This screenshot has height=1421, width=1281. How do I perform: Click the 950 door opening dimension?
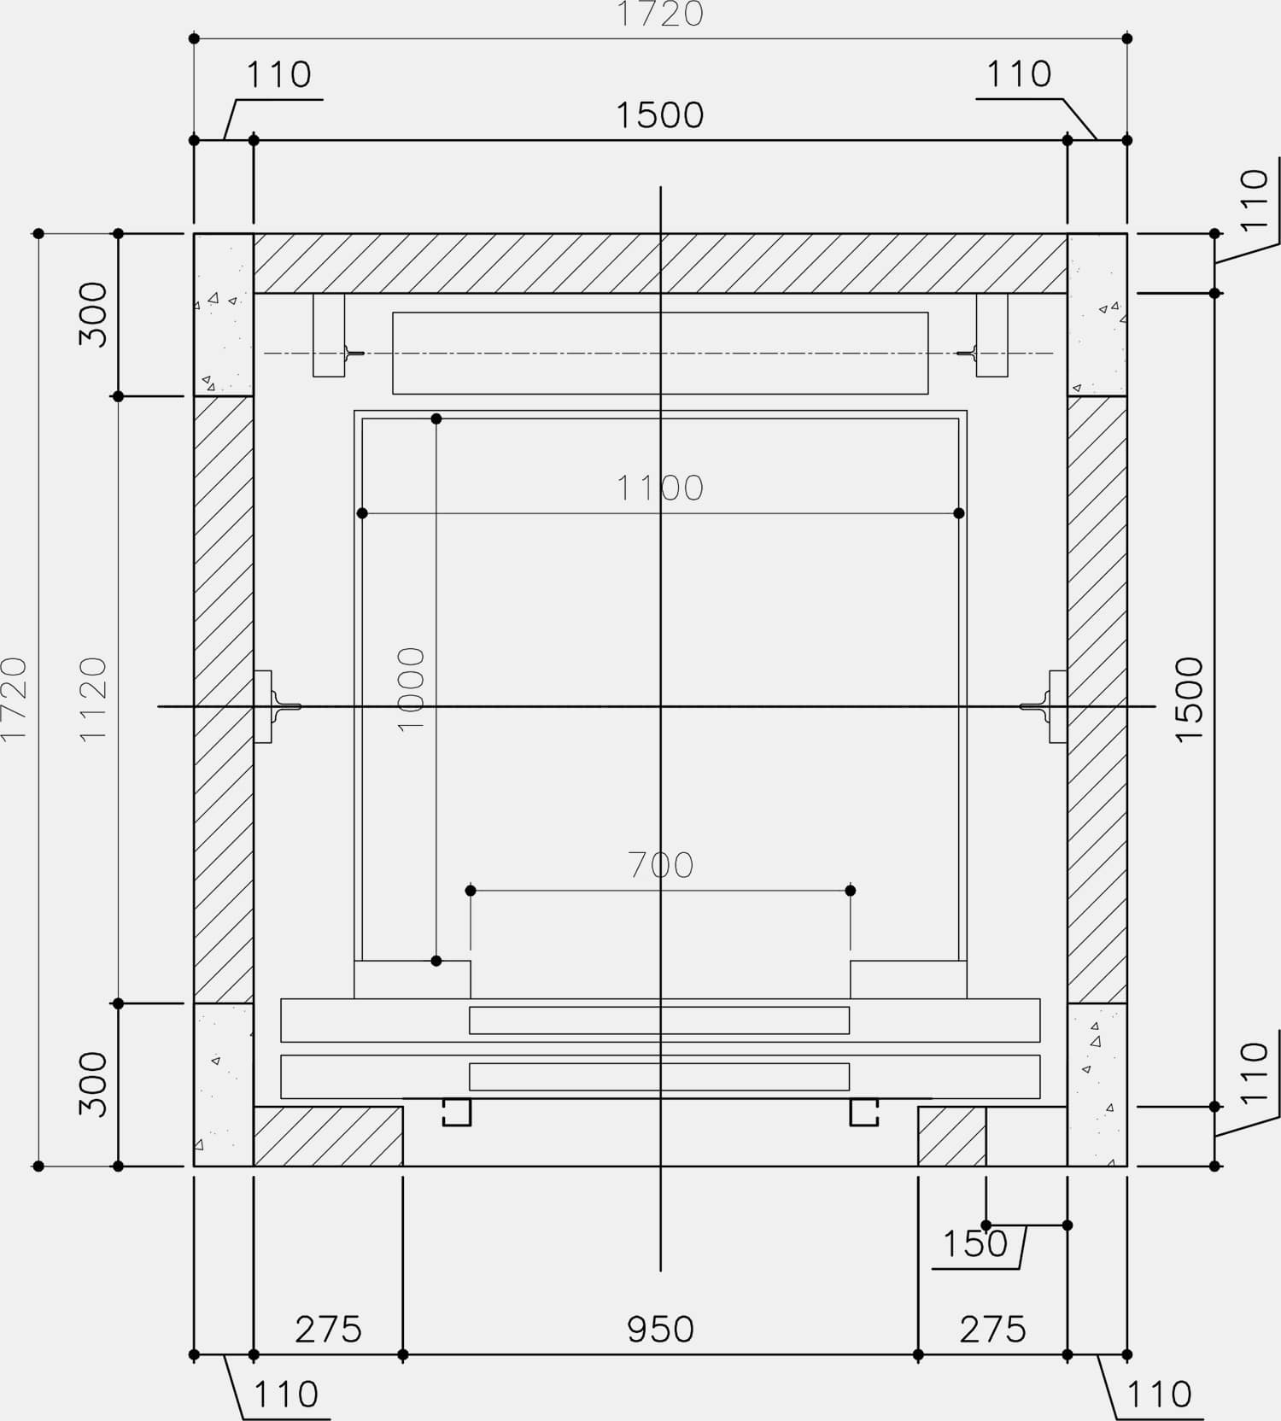coord(660,1330)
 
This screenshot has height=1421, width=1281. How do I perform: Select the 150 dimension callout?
coord(975,1244)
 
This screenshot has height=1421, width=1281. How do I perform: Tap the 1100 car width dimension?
coord(660,488)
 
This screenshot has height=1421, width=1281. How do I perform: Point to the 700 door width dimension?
coord(660,865)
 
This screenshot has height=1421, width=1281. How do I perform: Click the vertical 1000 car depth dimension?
coord(412,689)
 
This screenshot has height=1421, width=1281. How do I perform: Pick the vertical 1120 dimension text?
coord(93,699)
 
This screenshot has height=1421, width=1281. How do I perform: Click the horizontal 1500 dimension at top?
coord(660,115)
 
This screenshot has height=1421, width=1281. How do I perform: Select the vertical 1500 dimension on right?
coord(1189,699)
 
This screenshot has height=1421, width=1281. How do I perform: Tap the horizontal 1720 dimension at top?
coord(660,15)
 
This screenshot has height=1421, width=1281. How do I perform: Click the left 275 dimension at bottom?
coord(328,1330)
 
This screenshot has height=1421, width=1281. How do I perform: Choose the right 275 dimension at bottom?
coord(992,1330)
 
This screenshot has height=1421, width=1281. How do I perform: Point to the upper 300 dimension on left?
coord(93,314)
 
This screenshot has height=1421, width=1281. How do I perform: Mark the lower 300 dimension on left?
coord(93,1085)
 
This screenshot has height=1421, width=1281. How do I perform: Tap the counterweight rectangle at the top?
coord(660,353)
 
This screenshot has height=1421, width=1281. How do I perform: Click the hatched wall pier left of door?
coord(328,1137)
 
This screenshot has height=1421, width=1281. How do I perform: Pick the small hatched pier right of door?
coord(952,1137)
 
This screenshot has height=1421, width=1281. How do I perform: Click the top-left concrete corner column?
coord(224,314)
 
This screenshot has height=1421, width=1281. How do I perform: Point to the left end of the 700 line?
coord(471,891)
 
